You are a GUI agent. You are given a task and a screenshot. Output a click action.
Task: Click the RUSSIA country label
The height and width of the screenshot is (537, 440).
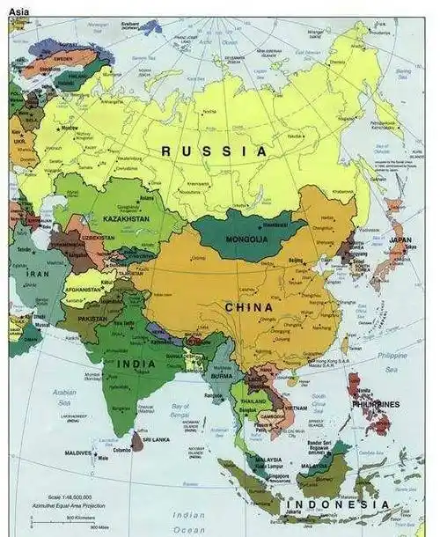tap(214, 151)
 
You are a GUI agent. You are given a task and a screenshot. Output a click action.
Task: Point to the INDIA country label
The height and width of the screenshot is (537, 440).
tap(136, 364)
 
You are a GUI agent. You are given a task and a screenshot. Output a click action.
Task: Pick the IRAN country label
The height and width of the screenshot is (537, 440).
tap(37, 274)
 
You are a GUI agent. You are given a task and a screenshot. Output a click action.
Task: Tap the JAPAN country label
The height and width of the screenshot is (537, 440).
tap(400, 239)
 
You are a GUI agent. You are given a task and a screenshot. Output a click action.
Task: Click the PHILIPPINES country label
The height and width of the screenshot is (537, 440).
tap(376, 404)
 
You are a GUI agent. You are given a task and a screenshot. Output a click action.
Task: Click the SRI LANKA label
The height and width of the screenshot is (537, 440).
tap(155, 438)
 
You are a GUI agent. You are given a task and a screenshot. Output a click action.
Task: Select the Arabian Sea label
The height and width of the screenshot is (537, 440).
tap(64, 396)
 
